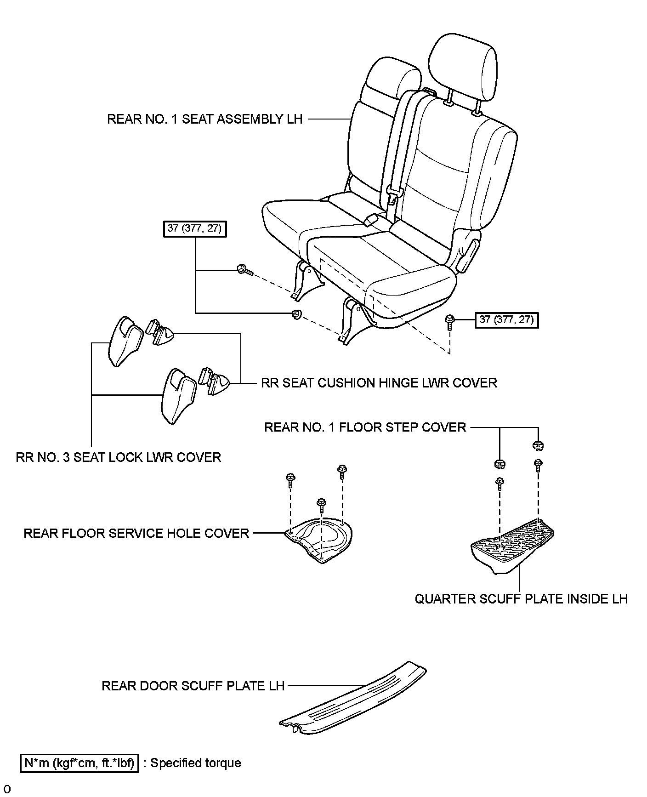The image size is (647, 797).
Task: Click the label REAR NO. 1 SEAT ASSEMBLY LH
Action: coord(205,119)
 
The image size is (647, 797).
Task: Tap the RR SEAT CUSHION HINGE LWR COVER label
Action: coord(379,382)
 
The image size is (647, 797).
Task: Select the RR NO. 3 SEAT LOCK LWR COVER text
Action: coord(119,457)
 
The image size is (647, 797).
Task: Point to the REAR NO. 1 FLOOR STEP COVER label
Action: coord(365,427)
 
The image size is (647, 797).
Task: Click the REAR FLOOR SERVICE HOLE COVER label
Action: coord(136,533)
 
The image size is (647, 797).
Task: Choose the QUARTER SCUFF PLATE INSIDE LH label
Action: coord(521,598)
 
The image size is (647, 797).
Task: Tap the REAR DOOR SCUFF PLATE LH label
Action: coord(193,686)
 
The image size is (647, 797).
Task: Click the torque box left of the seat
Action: coord(195,229)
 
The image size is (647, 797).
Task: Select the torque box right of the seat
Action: coord(506,320)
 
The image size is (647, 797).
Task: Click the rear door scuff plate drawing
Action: coord(354,699)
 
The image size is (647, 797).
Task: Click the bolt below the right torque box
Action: coord(449,322)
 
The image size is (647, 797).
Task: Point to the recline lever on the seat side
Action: coord(467,254)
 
